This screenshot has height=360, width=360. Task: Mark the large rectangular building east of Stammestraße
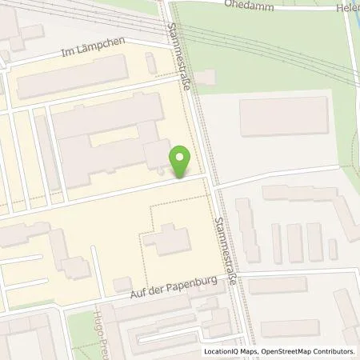pyautogui.click(x=283, y=117)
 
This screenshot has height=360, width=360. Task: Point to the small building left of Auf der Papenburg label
pyautogui.click(x=122, y=284)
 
